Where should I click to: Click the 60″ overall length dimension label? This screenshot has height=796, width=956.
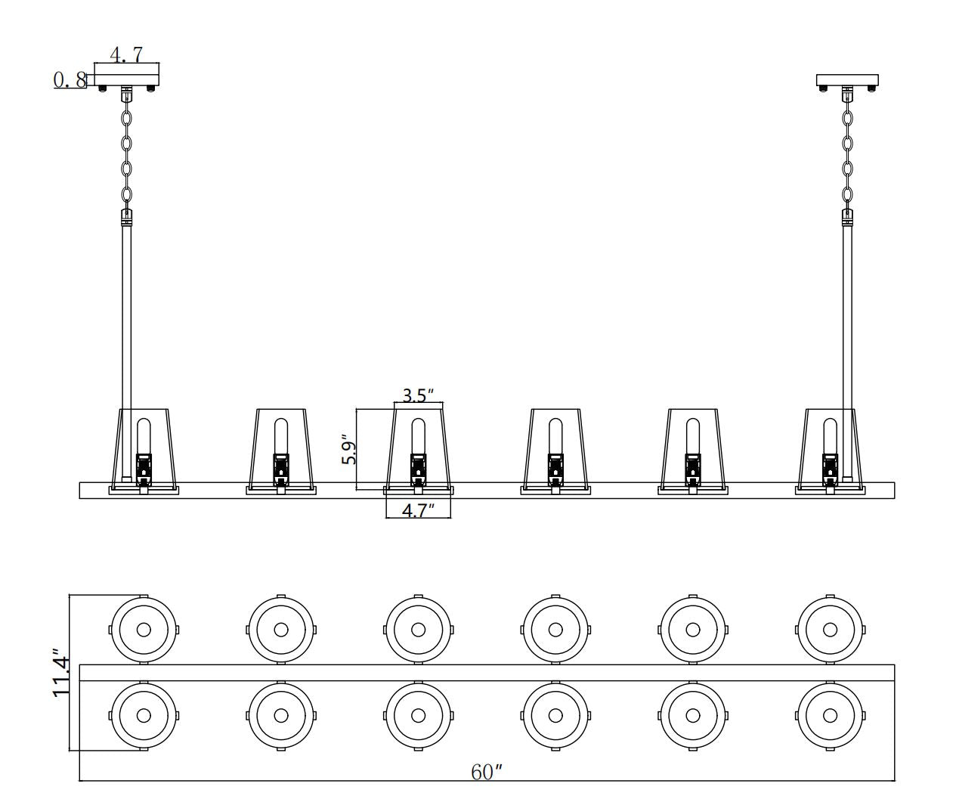pyautogui.click(x=487, y=772)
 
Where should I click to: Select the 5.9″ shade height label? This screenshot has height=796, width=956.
pyautogui.click(x=348, y=449)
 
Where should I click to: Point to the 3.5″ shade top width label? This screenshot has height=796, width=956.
pyautogui.click(x=418, y=395)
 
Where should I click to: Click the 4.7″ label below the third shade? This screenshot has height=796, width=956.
pyautogui.click(x=418, y=510)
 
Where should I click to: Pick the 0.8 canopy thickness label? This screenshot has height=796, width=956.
pyautogui.click(x=70, y=79)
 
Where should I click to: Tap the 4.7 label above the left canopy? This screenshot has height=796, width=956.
pyautogui.click(x=126, y=55)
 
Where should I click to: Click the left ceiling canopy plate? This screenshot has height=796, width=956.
pyautogui.click(x=127, y=76)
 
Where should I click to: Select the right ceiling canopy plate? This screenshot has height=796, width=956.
pyautogui.click(x=847, y=79)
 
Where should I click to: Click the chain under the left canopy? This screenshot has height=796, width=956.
pyautogui.click(x=127, y=155)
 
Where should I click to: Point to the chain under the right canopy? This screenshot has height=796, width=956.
pyautogui.click(x=848, y=155)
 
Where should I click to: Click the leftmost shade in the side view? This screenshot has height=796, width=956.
pyautogui.click(x=144, y=448)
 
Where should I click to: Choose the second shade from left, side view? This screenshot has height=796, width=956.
pyautogui.click(x=280, y=448)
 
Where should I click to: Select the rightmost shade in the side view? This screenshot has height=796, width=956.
pyautogui.click(x=830, y=448)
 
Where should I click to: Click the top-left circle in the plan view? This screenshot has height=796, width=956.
pyautogui.click(x=144, y=629)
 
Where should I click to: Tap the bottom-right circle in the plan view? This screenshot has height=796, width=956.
pyautogui.click(x=830, y=715)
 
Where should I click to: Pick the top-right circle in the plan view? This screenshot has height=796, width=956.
pyautogui.click(x=830, y=629)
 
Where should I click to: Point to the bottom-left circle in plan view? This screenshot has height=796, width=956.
pyautogui.click(x=144, y=715)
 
